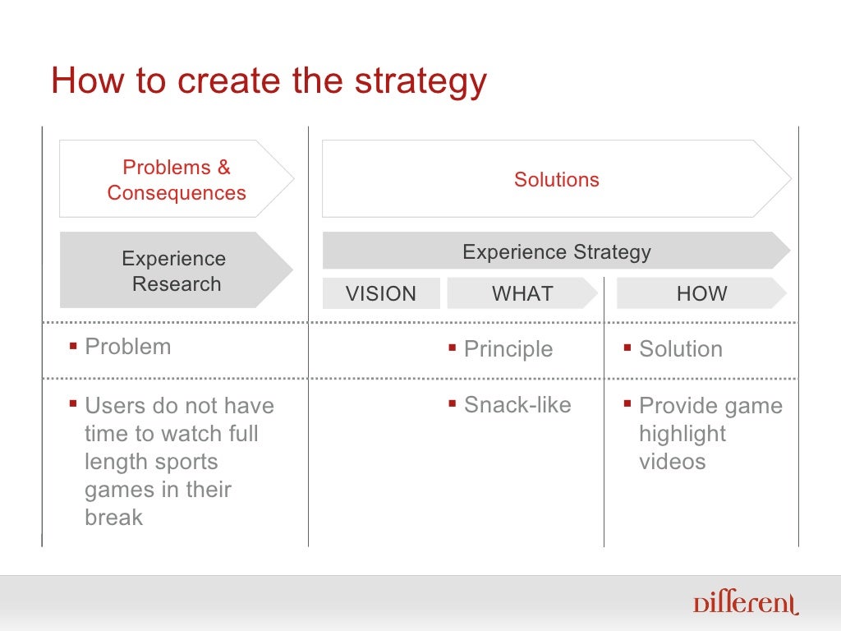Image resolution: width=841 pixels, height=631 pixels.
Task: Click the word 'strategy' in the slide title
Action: point(420,82)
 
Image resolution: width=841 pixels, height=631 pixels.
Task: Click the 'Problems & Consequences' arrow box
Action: point(176,179)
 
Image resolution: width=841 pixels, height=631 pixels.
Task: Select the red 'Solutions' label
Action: point(556,179)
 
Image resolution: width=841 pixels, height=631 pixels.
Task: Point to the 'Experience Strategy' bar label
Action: point(556,251)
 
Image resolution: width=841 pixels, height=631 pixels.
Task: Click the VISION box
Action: point(381,293)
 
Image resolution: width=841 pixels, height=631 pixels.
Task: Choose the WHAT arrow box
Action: point(522,293)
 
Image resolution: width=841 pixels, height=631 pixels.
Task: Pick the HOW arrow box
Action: point(701,293)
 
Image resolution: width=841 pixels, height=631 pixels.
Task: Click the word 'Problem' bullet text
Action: point(128,346)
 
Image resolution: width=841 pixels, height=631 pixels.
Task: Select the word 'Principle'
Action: point(508,348)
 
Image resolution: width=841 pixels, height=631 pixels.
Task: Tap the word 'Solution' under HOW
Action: point(681,348)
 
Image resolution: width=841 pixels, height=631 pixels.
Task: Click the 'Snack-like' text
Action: point(517,404)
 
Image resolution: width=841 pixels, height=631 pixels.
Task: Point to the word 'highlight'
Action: point(682,433)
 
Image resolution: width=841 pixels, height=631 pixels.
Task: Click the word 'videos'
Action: point(672,461)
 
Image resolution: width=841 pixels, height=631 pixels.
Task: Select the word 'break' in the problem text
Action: point(113,517)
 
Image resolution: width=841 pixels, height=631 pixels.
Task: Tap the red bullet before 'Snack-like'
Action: point(452,403)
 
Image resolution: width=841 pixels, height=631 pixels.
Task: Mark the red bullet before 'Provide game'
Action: point(627,403)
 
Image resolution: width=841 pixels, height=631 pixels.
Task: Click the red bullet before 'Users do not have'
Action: point(73,403)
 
